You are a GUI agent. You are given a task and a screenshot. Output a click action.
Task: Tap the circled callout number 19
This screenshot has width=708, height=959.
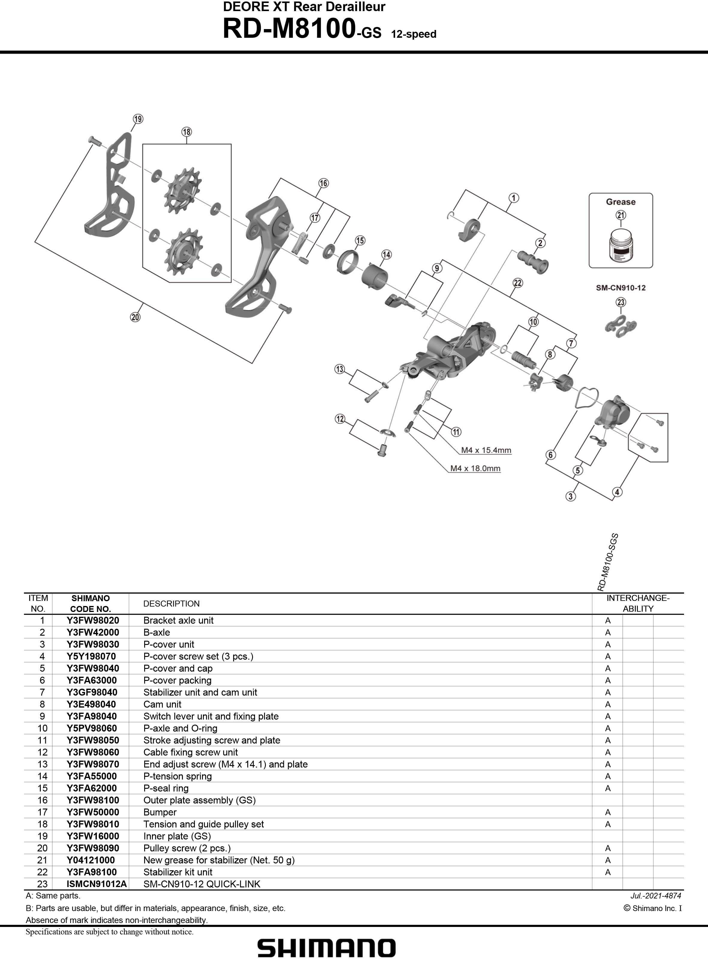[138, 119]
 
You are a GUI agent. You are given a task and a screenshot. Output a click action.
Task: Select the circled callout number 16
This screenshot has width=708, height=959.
[323, 183]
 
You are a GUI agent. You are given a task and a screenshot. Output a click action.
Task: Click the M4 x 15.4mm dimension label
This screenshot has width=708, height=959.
[486, 450]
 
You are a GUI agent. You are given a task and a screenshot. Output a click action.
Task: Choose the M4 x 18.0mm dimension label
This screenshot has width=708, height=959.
[475, 468]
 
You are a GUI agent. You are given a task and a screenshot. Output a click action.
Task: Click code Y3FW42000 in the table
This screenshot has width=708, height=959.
[93, 632]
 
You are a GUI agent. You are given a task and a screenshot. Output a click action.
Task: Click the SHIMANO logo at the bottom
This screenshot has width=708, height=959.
[326, 948]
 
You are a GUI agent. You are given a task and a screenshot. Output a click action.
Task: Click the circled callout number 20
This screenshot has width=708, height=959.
[135, 317]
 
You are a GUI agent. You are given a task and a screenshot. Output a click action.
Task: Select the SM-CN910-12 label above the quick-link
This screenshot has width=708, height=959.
[620, 288]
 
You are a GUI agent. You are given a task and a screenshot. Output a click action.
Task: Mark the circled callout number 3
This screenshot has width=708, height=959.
[570, 496]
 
